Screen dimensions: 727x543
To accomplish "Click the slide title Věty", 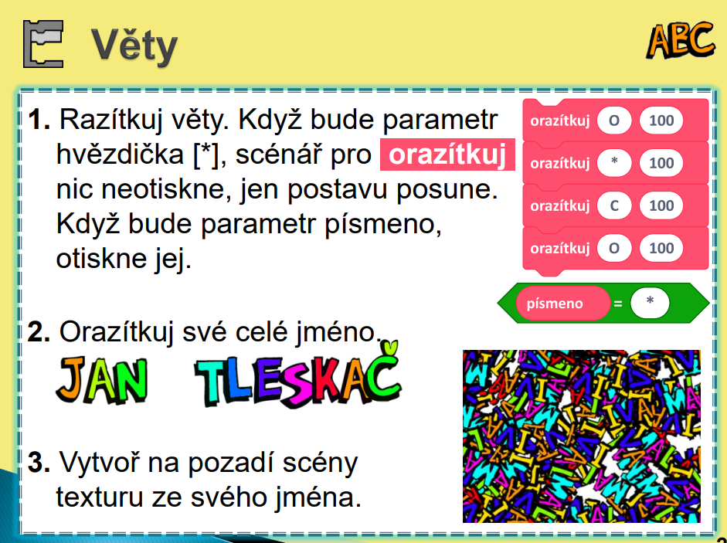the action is tap(134, 46).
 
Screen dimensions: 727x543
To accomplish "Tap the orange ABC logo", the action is tap(680, 41).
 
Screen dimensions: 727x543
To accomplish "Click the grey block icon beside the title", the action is tap(43, 44).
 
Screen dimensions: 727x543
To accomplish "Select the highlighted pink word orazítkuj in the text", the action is tap(447, 154).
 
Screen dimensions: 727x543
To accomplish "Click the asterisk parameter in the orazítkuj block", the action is tap(614, 163).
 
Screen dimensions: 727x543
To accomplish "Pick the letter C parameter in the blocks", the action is tap(614, 205).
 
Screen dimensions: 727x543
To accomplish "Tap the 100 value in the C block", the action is tap(661, 205).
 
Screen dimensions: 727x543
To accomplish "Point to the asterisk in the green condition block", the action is tap(650, 302).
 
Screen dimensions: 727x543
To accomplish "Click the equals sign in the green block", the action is tap(617, 304).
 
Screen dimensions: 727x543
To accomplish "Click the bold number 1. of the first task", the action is tap(39, 120).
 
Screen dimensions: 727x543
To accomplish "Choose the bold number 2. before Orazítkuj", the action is tap(39, 332).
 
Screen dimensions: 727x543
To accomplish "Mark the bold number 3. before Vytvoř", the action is tap(39, 463).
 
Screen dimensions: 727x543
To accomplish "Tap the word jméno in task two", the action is tap(339, 332).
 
